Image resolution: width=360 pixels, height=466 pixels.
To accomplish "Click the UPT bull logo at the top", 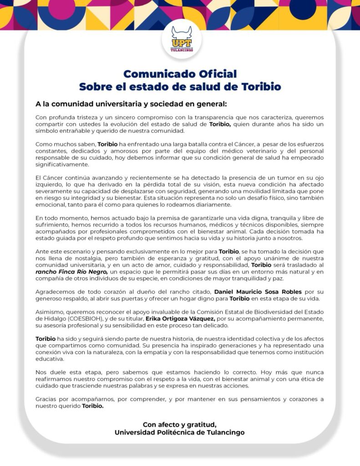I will click(x=182, y=39).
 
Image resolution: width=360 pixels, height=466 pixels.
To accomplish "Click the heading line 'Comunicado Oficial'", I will click(x=180, y=74).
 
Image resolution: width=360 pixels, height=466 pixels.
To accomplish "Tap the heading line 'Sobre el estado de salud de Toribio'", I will click(x=180, y=86).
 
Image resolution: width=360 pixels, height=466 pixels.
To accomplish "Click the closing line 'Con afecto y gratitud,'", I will click(x=180, y=425).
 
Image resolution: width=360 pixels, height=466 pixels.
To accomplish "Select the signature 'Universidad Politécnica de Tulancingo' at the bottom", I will click(x=180, y=432).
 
